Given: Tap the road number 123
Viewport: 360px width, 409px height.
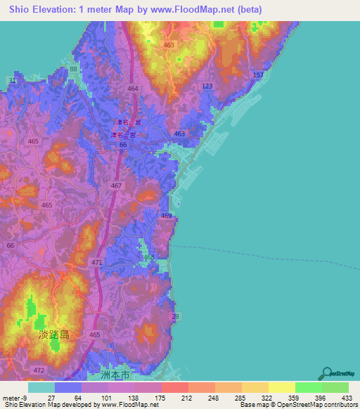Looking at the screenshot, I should click(x=206, y=86).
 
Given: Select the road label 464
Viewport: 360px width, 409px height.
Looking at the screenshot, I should click(x=134, y=88).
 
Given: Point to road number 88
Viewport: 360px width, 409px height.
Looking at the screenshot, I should click(x=74, y=70).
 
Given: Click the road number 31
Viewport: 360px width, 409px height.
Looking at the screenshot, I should click(x=13, y=82).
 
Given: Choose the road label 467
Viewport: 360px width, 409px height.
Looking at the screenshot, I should click(x=116, y=186).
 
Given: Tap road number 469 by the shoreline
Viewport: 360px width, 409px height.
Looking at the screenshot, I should click(x=166, y=215).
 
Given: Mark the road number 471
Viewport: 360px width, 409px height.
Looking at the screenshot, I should click(x=96, y=262).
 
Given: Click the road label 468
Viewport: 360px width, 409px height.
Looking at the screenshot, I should click(x=149, y=258).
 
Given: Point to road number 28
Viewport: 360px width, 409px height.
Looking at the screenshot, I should click(x=176, y=318).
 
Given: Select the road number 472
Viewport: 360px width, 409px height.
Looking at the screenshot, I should click(x=39, y=370).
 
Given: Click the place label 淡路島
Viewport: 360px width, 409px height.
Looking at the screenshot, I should click(x=55, y=335).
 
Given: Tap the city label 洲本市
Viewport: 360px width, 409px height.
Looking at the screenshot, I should click(x=116, y=376).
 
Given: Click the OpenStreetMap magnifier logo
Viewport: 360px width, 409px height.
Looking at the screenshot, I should click(x=327, y=373).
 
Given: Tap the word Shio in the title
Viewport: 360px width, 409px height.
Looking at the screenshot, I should click(x=20, y=9).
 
